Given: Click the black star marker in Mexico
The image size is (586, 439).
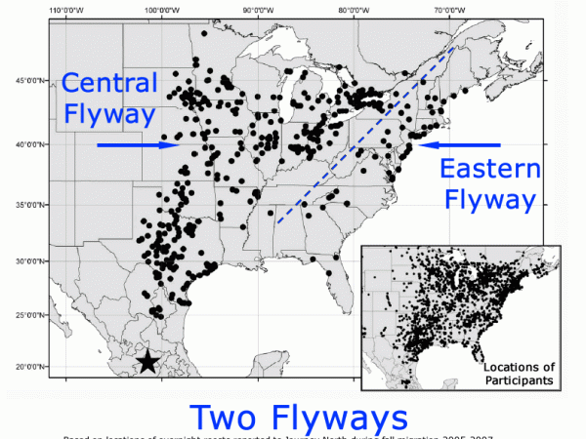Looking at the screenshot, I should (146, 362).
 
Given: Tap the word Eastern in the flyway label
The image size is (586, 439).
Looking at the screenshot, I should (489, 171).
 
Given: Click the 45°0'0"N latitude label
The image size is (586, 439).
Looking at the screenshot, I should (30, 82).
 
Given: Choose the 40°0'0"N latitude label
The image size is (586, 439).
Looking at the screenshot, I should (30, 144).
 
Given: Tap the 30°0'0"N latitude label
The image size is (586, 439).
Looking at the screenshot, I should (30, 261).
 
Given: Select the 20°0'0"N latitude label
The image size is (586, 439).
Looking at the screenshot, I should (30, 367).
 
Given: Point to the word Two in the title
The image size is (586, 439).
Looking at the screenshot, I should (228, 418).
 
